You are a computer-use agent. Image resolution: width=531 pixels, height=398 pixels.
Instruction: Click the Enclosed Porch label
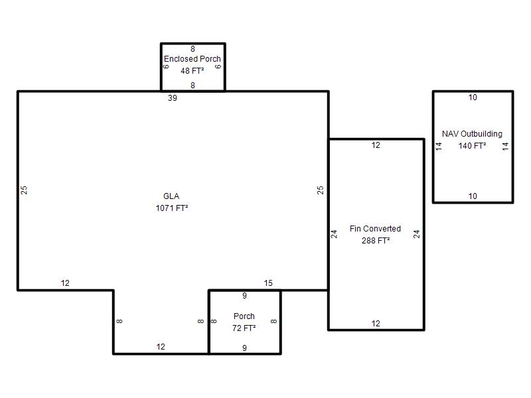192,59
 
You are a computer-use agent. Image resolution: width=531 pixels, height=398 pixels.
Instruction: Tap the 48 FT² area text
192,71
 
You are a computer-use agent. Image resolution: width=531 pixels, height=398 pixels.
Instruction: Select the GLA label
171,196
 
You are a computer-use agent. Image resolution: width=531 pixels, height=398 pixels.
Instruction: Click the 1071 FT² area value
172,208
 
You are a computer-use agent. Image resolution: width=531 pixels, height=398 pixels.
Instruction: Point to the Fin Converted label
375,229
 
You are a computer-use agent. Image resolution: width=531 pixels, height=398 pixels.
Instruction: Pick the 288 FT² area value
376,241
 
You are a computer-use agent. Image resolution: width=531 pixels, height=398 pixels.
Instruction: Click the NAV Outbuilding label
472,134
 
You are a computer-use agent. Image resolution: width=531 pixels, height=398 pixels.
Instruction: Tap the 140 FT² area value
472,146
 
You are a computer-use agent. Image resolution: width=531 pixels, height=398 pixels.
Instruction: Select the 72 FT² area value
244,328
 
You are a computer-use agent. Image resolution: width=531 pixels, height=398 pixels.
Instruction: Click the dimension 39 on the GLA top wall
173,98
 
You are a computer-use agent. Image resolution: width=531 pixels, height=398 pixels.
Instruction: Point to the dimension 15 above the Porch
268,283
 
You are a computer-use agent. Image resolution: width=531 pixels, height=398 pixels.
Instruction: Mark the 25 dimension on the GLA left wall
24,190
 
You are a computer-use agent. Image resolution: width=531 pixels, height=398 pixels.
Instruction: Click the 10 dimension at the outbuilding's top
473,98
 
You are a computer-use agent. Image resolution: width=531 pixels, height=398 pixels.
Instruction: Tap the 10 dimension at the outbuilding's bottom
473,196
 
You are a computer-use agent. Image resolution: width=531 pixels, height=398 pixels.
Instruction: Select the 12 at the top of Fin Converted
376,145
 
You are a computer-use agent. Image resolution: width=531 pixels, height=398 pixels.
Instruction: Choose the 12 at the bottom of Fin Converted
376,324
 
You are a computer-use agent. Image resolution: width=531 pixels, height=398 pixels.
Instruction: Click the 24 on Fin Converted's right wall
417,234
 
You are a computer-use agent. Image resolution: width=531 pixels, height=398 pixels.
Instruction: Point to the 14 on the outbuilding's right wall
506,146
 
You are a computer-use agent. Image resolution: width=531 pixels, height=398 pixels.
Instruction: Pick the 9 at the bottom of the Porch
244,348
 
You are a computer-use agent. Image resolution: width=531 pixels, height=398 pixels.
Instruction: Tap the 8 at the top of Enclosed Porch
192,49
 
